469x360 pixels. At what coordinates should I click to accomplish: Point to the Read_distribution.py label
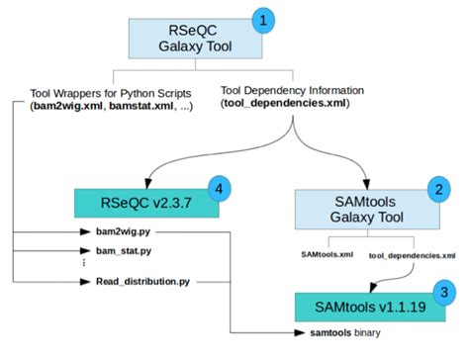click(x=141, y=282)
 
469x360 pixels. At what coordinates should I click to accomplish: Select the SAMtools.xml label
click(x=327, y=254)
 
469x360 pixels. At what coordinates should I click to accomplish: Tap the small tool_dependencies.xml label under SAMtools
click(x=404, y=254)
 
